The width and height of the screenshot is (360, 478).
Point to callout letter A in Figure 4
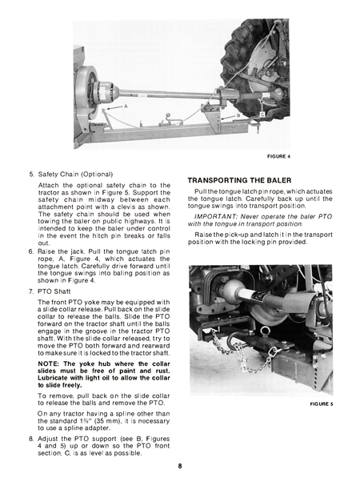124,106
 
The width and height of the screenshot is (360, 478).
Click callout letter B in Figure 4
237,114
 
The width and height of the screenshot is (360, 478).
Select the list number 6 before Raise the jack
31,273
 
